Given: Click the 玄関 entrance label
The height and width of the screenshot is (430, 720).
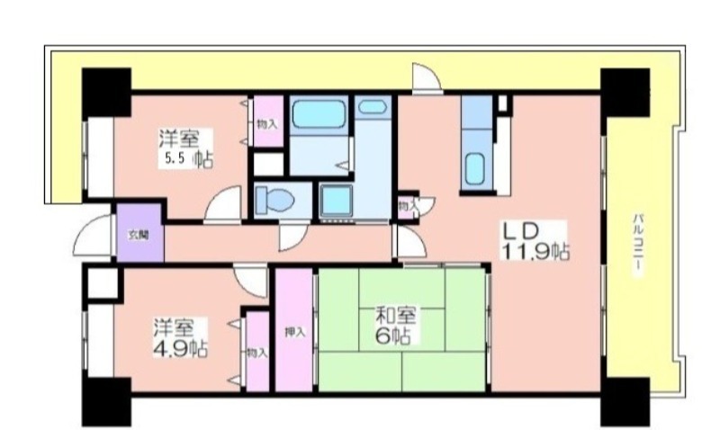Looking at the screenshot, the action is point(139,236).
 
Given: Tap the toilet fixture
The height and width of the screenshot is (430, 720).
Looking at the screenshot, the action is point(274,201).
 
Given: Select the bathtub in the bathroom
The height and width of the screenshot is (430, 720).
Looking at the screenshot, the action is point(319,115).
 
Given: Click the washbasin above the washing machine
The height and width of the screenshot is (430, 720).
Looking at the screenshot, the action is point(372,107).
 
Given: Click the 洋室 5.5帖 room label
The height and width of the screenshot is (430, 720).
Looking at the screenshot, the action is point(185,148).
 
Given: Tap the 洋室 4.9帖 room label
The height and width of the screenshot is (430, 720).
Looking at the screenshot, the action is point(179,337).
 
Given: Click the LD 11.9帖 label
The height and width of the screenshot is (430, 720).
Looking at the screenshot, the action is point(535,241).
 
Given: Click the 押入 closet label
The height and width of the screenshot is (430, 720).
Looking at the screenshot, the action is point(294,332).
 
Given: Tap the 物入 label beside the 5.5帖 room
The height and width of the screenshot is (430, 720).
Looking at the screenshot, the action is point(266,124).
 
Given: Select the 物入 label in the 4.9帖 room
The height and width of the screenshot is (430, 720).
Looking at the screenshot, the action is point(256,353).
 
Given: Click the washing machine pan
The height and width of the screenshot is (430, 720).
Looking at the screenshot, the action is point(337,201).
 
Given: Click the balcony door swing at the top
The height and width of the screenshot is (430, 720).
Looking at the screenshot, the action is point(427,76).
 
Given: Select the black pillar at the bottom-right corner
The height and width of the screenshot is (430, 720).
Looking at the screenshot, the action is point(625,402).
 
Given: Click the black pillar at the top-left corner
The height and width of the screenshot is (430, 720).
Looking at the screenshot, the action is point(106,92).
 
